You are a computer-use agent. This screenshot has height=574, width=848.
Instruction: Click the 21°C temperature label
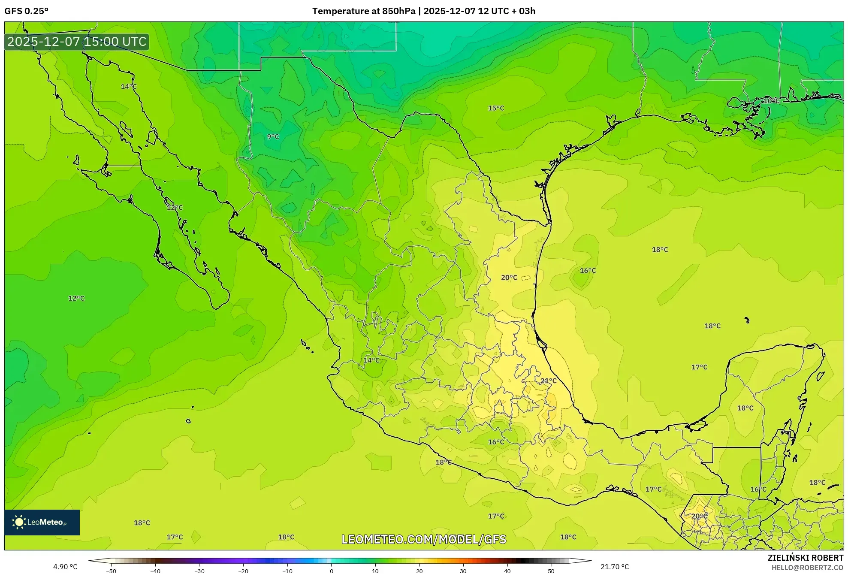coord(548,381)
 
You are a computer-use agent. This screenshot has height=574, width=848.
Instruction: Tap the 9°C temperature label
coord(273,136)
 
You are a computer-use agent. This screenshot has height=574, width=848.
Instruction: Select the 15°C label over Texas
coord(496,108)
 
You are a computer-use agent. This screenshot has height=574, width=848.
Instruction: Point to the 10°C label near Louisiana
coord(771,101)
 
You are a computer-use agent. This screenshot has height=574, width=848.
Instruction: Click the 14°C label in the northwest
coord(129,86)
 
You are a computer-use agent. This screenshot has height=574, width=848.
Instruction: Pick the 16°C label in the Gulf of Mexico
coord(588,270)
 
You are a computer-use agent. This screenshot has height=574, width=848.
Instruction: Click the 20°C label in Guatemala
coord(699,516)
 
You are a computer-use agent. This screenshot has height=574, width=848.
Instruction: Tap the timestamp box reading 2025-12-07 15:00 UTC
coord(77,42)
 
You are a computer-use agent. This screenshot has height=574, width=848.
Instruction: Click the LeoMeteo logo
coord(42,522)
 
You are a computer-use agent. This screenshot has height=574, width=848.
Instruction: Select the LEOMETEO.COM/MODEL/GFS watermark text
coord(424,539)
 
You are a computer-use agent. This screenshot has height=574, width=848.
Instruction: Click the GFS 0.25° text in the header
coord(27,11)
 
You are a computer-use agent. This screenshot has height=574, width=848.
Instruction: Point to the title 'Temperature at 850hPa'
coord(363,11)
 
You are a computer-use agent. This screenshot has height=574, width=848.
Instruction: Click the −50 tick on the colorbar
coord(111,571)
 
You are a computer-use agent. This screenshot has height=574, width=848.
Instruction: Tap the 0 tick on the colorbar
coord(331,571)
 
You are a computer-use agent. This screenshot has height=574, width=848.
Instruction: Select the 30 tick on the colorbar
coord(463,571)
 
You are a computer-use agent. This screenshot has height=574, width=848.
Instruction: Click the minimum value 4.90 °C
coord(65,567)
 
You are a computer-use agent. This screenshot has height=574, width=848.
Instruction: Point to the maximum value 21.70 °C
coord(615,567)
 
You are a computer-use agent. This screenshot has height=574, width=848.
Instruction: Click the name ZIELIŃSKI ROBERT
coord(805,558)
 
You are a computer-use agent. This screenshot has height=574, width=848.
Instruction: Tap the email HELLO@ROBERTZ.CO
coord(807,568)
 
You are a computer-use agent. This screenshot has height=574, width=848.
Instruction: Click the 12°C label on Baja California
coord(175,207)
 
